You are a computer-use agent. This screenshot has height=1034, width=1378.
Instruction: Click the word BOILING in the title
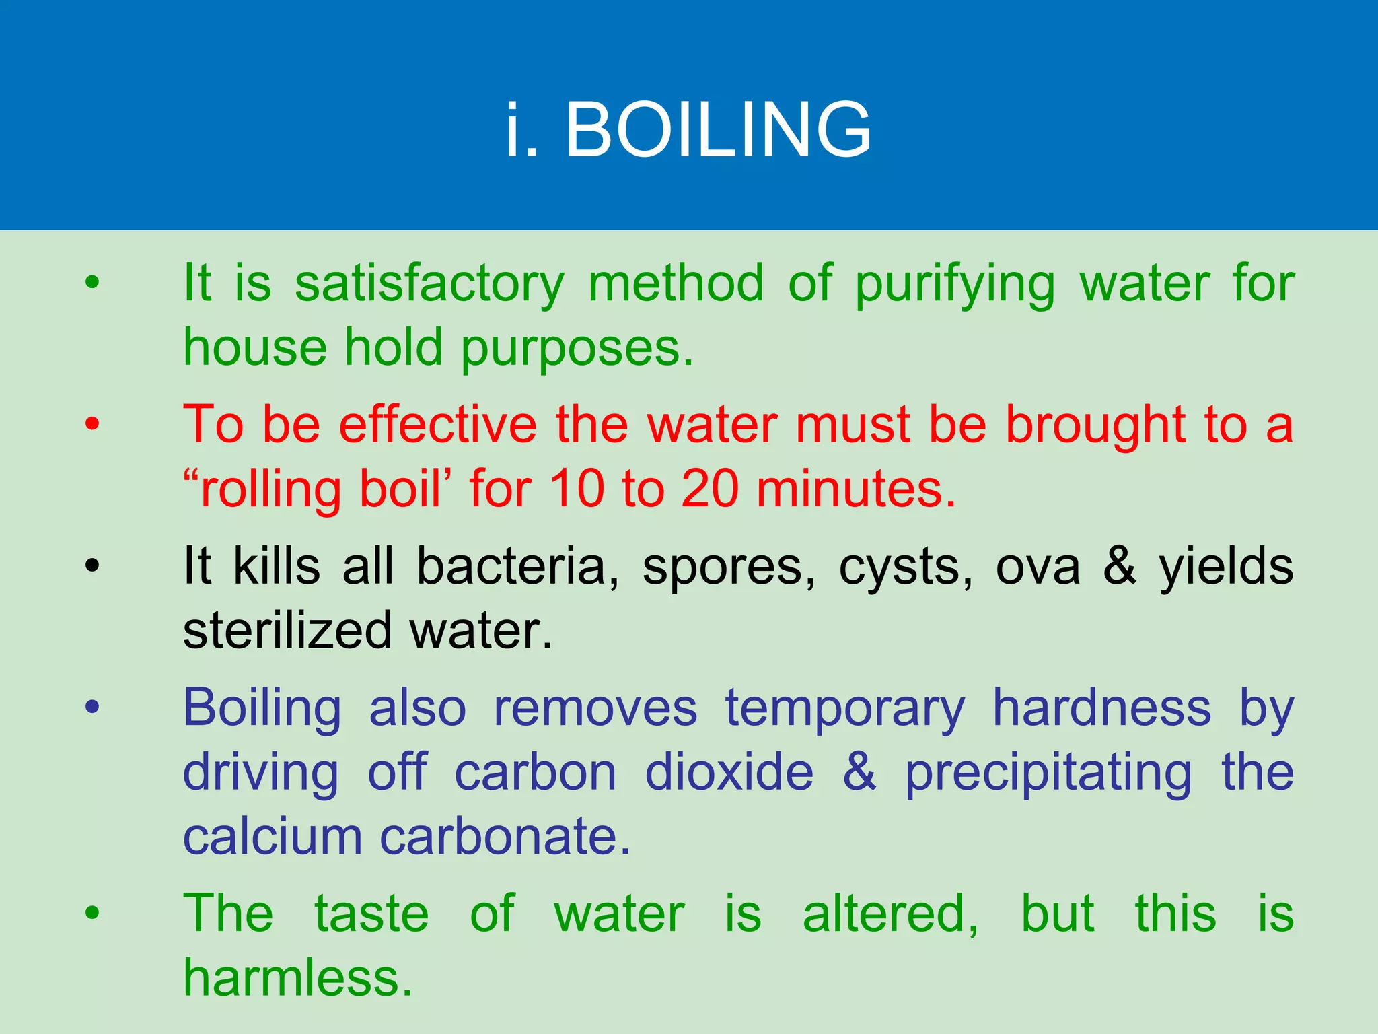(718, 129)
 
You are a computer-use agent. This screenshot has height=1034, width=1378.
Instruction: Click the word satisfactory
(430, 283)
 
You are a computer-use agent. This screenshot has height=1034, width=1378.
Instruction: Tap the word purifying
(955, 283)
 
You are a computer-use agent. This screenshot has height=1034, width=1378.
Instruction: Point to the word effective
(437, 425)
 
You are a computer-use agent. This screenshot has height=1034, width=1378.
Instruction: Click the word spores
(729, 566)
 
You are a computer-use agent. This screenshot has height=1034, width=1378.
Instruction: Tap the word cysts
(906, 566)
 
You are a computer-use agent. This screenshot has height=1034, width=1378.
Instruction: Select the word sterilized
(287, 631)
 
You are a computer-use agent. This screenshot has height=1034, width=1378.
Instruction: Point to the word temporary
(845, 708)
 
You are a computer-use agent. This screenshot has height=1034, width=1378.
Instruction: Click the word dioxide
(729, 772)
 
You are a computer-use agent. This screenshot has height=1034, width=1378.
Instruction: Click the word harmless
(297, 977)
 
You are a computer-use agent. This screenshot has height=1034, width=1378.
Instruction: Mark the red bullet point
(92, 424)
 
